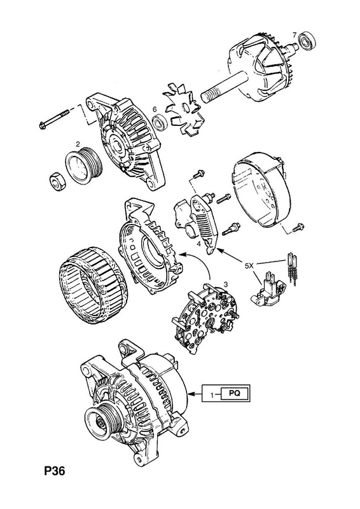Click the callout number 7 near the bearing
(294, 34)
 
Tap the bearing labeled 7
(307, 41)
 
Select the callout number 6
(155, 109)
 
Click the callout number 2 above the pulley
(78, 143)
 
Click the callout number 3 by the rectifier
(226, 284)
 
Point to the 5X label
(249, 265)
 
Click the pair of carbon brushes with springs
(291, 268)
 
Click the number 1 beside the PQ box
(212, 395)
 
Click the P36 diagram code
(55, 471)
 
